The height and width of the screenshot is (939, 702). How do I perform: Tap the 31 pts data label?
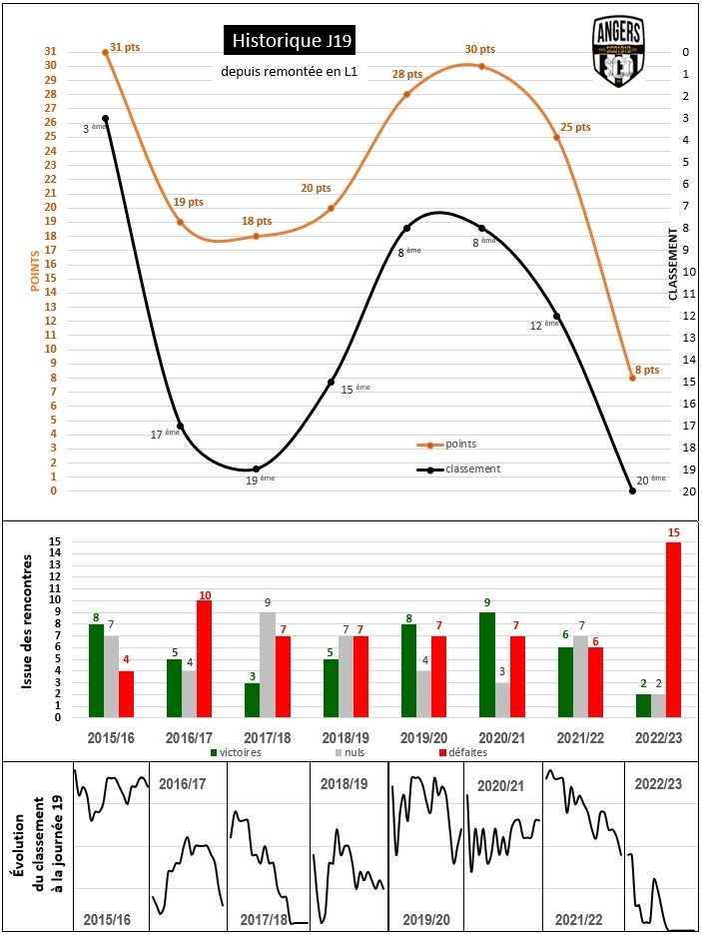[x=126, y=47]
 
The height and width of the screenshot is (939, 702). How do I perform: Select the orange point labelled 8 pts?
[x=632, y=378]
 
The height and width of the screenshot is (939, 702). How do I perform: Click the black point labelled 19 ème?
[x=256, y=469]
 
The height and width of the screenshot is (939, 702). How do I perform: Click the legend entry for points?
[x=460, y=444]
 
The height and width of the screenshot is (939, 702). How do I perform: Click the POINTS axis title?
[x=35, y=271]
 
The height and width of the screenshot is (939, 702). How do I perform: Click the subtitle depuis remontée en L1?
[x=290, y=72]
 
